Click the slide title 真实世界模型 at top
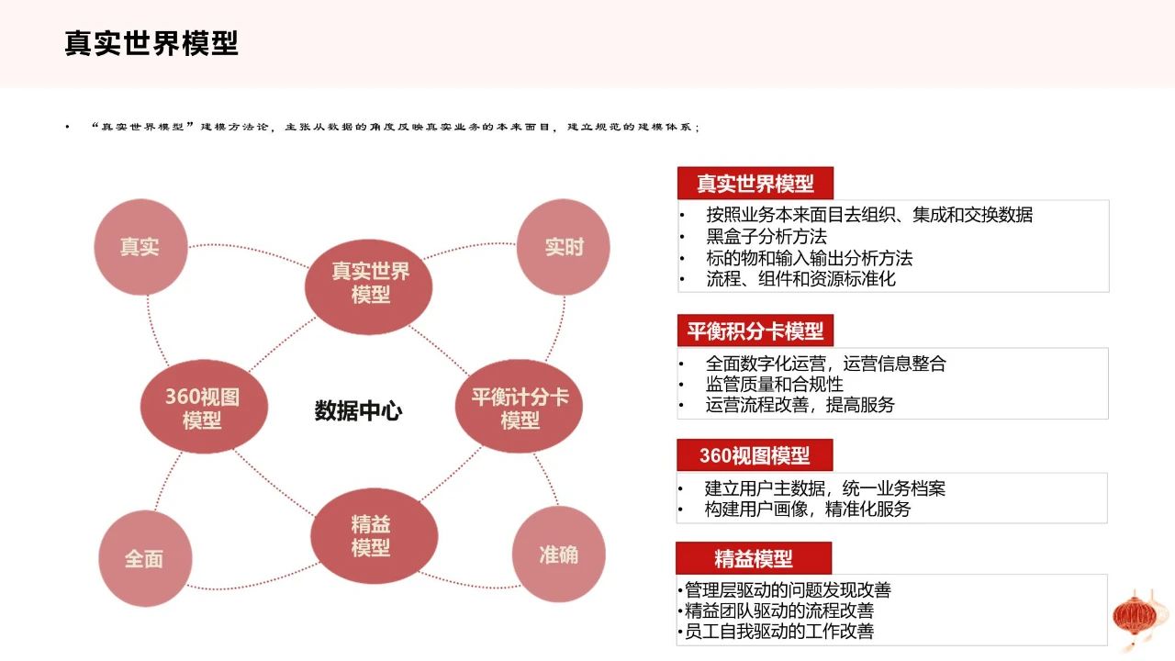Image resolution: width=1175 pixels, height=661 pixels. pyautogui.click(x=151, y=43)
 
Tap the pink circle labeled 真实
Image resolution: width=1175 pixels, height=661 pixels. pyautogui.click(x=140, y=247)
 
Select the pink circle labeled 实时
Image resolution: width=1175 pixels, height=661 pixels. pyautogui.click(x=564, y=247)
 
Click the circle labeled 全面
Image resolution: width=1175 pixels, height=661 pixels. pyautogui.click(x=145, y=558)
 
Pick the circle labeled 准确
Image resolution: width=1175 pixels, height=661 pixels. pyautogui.click(x=559, y=554)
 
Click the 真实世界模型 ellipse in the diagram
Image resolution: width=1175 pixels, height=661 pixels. pyautogui.click(x=369, y=286)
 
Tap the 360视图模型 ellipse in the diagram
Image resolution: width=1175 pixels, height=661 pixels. pyautogui.click(x=204, y=407)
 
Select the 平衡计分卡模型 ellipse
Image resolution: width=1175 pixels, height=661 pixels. pyautogui.click(x=519, y=406)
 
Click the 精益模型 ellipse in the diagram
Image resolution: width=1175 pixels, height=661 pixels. pyautogui.click(x=374, y=535)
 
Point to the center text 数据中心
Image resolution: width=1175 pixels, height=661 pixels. pyautogui.click(x=358, y=410)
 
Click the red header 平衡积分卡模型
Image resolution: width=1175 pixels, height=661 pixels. pyautogui.click(x=755, y=330)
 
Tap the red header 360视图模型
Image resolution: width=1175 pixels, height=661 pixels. pyautogui.click(x=755, y=454)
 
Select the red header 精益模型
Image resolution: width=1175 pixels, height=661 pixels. pyautogui.click(x=754, y=558)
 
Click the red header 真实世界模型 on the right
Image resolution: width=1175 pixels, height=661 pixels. pyautogui.click(x=755, y=183)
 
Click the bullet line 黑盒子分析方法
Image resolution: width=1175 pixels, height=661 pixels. pyautogui.click(x=767, y=237)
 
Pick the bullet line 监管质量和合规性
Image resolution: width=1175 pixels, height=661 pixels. pyautogui.click(x=774, y=384)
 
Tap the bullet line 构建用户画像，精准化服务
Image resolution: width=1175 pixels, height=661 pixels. pyautogui.click(x=807, y=509)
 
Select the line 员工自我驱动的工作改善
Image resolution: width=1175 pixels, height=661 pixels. pyautogui.click(x=779, y=631)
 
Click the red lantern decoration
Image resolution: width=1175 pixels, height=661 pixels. pyautogui.click(x=1136, y=619)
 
